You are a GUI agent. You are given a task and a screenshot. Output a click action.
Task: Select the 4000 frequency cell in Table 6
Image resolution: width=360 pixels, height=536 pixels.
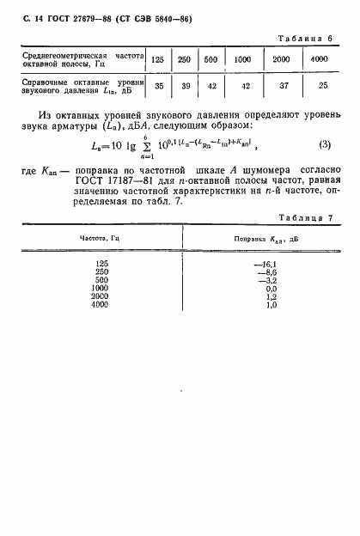pyautogui.click(x=319, y=60)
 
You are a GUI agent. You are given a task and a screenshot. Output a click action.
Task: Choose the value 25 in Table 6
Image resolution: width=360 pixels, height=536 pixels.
pyautogui.click(x=319, y=87)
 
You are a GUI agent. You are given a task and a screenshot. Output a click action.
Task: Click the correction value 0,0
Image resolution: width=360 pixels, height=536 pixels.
pyautogui.click(x=269, y=289)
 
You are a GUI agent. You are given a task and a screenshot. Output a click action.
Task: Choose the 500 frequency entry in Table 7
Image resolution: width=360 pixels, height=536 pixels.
pyautogui.click(x=101, y=280)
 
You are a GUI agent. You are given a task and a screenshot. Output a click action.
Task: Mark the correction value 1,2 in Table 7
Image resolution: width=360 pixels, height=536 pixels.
pyautogui.click(x=269, y=297)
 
